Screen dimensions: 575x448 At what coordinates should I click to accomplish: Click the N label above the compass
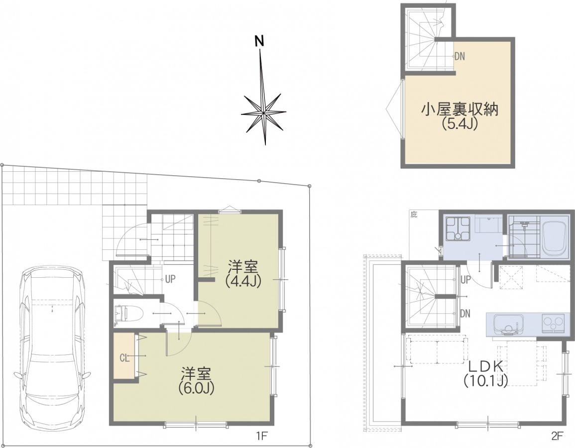click(x=260, y=42)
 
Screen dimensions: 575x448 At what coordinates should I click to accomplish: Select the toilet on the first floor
click(x=121, y=314)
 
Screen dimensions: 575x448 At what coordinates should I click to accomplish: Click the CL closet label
click(x=124, y=358)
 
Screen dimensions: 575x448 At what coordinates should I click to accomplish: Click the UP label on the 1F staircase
click(x=170, y=280)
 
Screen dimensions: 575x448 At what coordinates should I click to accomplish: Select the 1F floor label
click(x=263, y=436)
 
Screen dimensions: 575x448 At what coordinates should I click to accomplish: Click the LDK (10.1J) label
click(x=485, y=373)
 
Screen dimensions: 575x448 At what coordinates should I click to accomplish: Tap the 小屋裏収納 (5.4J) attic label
click(x=459, y=116)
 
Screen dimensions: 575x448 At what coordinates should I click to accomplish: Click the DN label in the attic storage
click(x=460, y=56)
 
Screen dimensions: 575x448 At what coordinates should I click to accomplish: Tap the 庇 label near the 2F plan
click(x=414, y=215)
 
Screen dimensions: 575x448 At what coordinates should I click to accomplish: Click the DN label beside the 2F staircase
click(x=465, y=314)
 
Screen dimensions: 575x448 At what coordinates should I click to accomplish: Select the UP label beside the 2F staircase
click(x=465, y=280)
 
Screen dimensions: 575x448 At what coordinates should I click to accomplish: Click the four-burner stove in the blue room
click(x=458, y=228)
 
